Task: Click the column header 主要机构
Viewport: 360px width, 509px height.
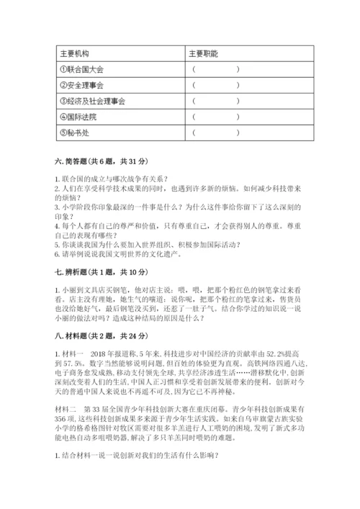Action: [x=74, y=53]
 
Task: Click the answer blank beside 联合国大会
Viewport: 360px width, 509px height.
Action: [x=215, y=70]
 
